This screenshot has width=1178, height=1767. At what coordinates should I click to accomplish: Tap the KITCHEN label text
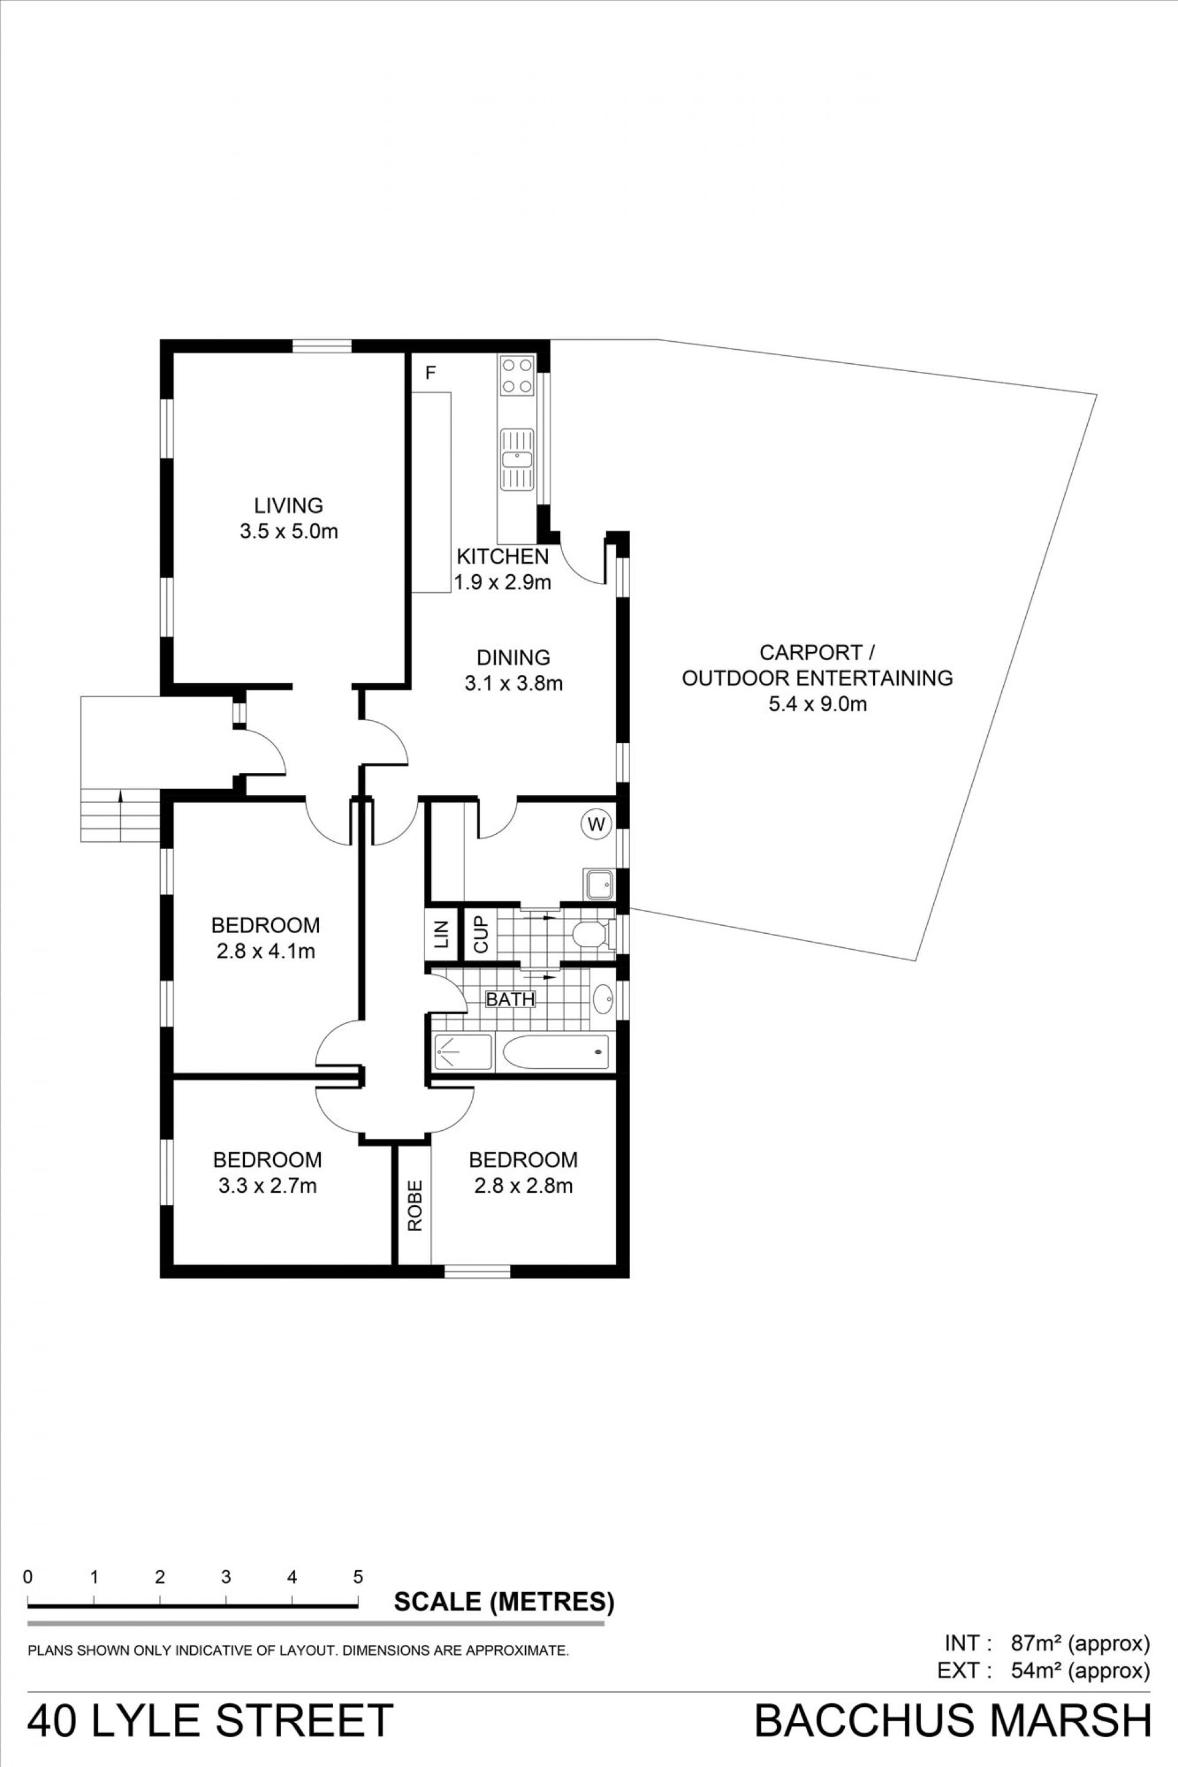502,556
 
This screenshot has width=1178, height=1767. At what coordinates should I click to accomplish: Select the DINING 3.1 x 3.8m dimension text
514,683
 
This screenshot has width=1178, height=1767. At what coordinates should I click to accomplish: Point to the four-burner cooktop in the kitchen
517,375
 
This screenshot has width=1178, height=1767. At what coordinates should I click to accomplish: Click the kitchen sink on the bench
517,458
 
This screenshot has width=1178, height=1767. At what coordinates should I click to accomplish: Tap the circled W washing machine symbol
596,824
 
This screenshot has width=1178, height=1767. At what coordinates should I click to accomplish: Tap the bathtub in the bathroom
556,1051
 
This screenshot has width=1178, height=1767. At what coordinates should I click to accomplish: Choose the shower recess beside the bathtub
463,1052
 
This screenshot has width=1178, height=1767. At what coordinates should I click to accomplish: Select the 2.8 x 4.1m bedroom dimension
266,951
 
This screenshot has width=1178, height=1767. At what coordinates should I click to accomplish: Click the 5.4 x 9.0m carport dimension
817,704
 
